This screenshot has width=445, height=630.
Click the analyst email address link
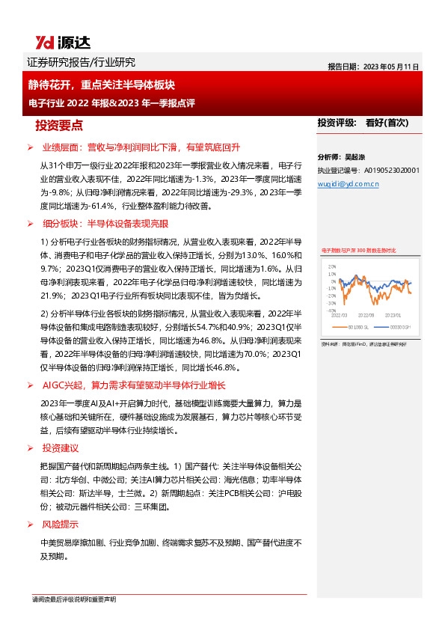click(348, 182)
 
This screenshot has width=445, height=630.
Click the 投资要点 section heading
click(64, 125)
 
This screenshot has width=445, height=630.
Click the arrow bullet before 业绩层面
click(31, 147)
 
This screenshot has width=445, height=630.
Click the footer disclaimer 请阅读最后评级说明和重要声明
click(74, 600)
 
